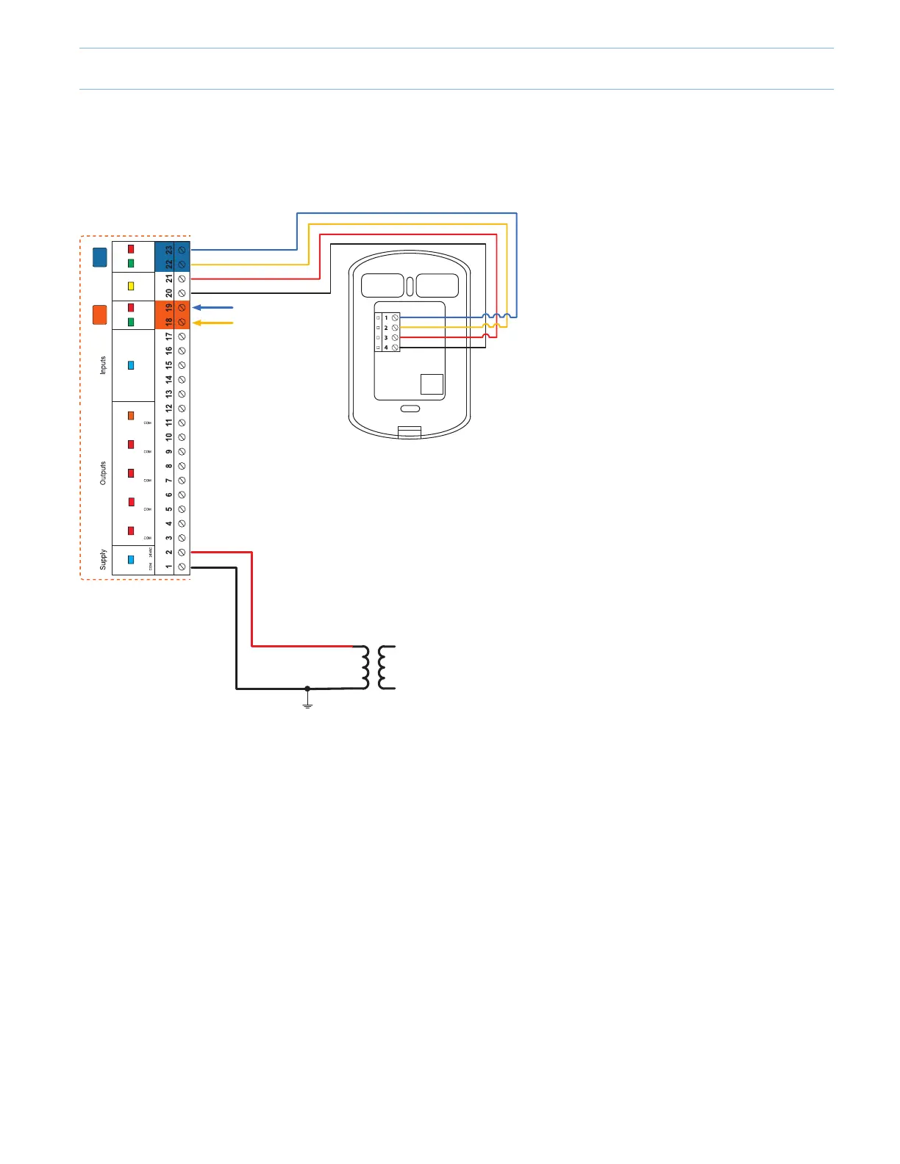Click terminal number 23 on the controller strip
click(169, 250)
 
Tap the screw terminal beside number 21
click(182, 279)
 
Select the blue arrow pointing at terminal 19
click(213, 308)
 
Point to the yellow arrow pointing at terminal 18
click(213, 323)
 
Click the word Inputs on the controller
click(103, 365)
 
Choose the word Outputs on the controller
click(103, 473)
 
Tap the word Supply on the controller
click(103, 559)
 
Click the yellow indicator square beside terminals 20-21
click(131, 286)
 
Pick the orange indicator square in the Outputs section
click(131, 416)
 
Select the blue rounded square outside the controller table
click(99, 257)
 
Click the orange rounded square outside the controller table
click(99, 315)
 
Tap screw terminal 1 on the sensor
click(395, 317)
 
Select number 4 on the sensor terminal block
click(386, 348)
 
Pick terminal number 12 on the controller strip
click(169, 409)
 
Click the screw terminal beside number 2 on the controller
click(182, 553)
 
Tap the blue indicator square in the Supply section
click(131, 559)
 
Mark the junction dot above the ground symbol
click(307, 689)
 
